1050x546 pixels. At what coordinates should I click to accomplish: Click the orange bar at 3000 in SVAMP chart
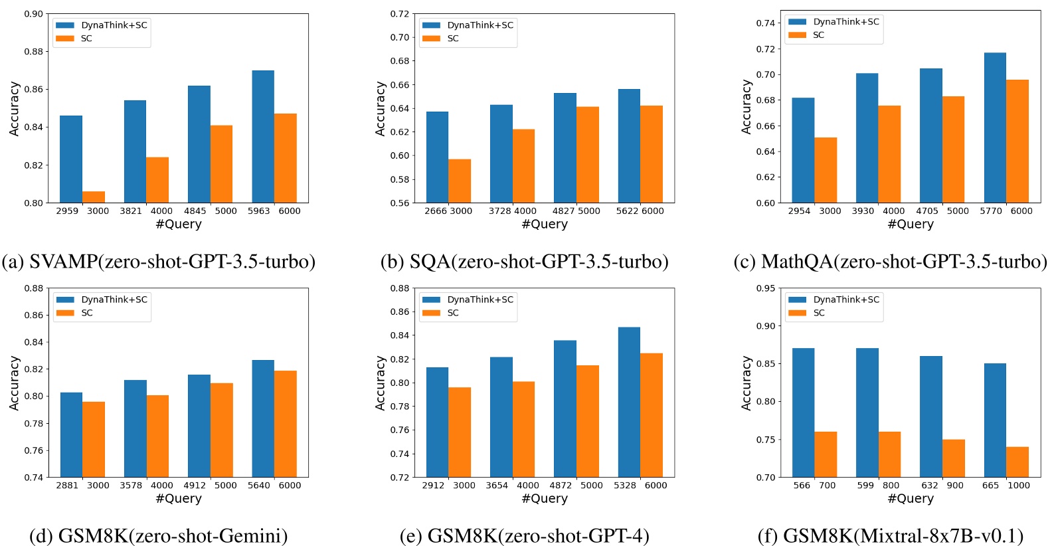click(x=94, y=197)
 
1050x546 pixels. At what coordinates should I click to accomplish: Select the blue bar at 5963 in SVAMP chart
click(x=263, y=136)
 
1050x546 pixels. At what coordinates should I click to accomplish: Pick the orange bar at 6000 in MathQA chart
click(x=1017, y=141)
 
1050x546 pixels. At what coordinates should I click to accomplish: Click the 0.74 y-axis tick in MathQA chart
click(x=765, y=23)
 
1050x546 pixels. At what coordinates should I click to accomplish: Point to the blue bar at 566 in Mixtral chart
click(x=803, y=412)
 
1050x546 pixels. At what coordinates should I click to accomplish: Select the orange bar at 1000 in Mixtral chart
click(x=1017, y=462)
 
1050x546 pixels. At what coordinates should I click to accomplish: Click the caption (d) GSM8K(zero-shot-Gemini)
click(x=159, y=535)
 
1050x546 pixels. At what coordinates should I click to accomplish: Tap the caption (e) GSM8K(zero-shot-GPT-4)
click(x=524, y=535)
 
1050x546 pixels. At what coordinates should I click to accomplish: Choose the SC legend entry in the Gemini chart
click(x=86, y=313)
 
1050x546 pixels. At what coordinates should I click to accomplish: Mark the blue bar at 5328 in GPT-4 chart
click(x=629, y=402)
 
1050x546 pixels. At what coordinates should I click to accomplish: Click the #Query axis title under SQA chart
click(x=545, y=224)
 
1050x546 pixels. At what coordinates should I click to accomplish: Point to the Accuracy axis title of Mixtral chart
click(x=746, y=383)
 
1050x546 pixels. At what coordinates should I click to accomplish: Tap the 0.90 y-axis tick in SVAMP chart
click(x=33, y=14)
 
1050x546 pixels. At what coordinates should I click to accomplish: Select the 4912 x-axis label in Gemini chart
click(x=195, y=486)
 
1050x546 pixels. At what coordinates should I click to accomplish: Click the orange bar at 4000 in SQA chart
click(x=523, y=166)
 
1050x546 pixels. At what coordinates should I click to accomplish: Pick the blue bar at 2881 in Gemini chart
click(x=71, y=434)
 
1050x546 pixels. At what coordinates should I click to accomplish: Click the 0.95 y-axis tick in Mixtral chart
click(x=765, y=288)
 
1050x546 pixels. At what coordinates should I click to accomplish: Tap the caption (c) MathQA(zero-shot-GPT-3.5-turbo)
click(x=890, y=261)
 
